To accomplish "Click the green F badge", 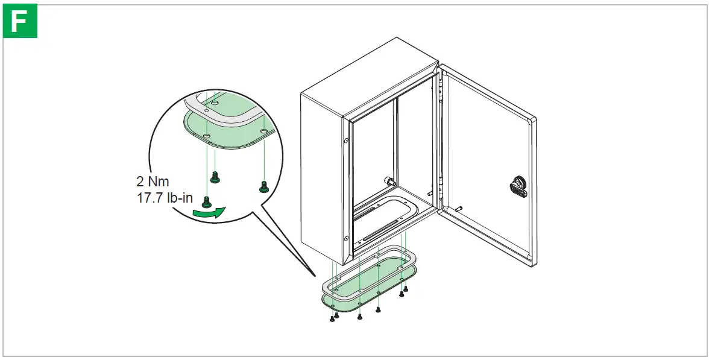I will point(20,22).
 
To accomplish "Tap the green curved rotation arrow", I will point(209,211).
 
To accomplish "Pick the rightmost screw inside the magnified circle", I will point(262,187).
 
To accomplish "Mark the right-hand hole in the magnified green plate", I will point(263,131).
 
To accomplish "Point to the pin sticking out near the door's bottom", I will point(459,209).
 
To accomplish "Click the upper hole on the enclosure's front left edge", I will point(346,142).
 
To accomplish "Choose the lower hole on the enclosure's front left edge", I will point(346,239).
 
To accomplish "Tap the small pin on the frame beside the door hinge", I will point(429,194).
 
